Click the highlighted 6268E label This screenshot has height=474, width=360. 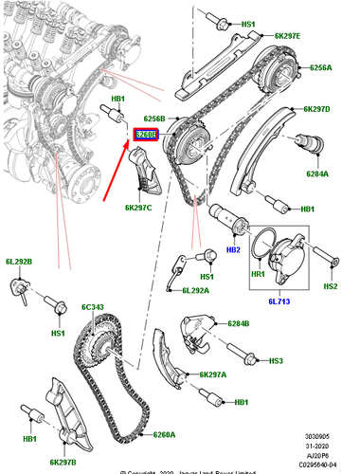coord(146,136)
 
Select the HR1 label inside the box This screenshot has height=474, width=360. coord(258,274)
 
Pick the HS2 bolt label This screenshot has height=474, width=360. coord(330,285)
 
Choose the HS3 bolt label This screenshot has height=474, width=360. coord(276,361)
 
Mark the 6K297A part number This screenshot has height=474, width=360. coord(213,374)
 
